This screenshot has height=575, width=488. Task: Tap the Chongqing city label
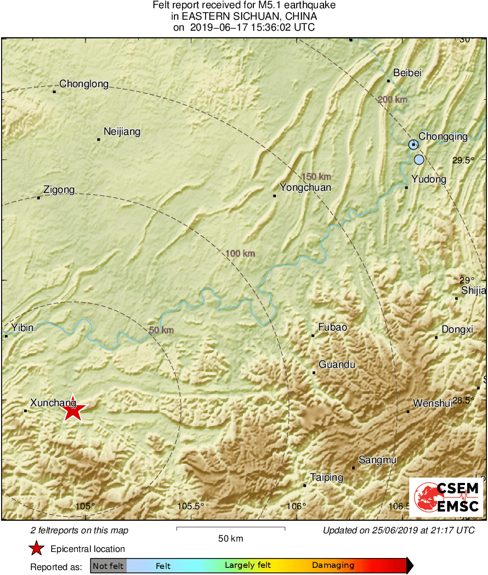pyautogui.click(x=443, y=136)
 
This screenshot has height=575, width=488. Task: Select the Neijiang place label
pyautogui.click(x=122, y=132)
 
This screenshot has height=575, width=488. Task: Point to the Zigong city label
pyautogui.click(x=59, y=190)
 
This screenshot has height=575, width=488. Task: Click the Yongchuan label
pyautogui.click(x=305, y=187)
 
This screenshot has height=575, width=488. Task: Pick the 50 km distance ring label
pyautogui.click(x=161, y=330)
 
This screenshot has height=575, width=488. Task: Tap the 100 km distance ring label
pyautogui.click(x=241, y=253)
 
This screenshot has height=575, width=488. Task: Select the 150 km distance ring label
pyautogui.click(x=316, y=177)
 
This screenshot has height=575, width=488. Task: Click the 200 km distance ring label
pyautogui.click(x=393, y=99)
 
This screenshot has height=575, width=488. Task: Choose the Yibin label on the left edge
pyautogui.click(x=22, y=328)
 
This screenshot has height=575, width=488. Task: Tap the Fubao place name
pyautogui.click(x=333, y=327)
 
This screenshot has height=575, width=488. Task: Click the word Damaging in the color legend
pyautogui.click(x=333, y=565)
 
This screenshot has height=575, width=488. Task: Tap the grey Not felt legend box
pyautogui.click(x=109, y=565)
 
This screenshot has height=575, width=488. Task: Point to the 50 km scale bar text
pyautogui.click(x=230, y=538)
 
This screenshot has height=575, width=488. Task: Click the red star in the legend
pyautogui.click(x=37, y=548)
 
